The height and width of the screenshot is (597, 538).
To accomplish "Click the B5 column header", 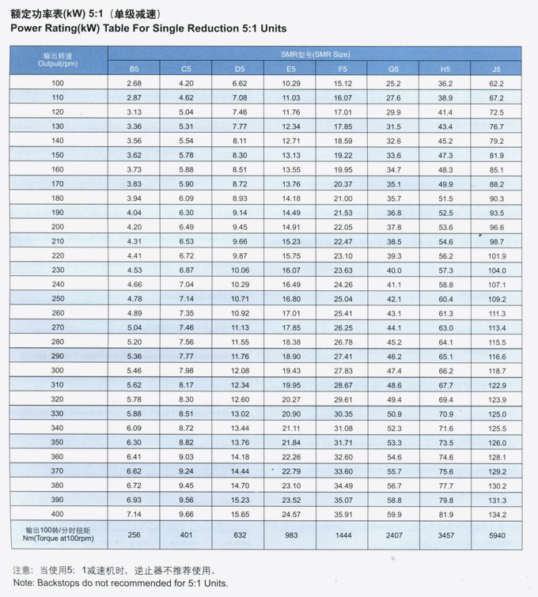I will (x=134, y=69).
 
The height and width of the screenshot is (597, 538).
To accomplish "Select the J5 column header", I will (x=496, y=69).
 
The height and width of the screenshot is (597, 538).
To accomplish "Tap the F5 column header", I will (x=343, y=69).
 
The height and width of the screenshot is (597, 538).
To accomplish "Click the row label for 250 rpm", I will (x=58, y=299).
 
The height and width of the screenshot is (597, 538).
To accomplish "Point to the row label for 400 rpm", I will (x=58, y=514).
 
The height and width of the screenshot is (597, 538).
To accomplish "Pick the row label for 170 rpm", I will (x=58, y=184).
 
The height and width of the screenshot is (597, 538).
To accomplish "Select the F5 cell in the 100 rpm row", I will (x=343, y=84).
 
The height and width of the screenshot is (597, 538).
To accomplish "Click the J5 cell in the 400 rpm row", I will (x=496, y=514).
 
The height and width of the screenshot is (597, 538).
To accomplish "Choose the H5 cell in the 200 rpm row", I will (x=445, y=227).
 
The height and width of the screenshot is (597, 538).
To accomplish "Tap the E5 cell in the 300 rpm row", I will (x=291, y=371).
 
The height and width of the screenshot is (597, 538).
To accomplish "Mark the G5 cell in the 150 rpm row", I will (x=393, y=155).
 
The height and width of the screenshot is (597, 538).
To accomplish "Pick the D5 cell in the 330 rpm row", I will (x=240, y=414).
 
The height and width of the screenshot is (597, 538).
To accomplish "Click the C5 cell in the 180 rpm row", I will (x=186, y=198).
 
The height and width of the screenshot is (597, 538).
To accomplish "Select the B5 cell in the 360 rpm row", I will (x=134, y=457).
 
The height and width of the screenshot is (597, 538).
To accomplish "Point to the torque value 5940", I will (x=496, y=535).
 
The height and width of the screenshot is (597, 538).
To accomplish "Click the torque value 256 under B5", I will (x=134, y=535).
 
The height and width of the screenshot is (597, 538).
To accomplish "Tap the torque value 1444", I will (x=343, y=535).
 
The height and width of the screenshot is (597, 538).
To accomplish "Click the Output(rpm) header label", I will (x=58, y=62).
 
